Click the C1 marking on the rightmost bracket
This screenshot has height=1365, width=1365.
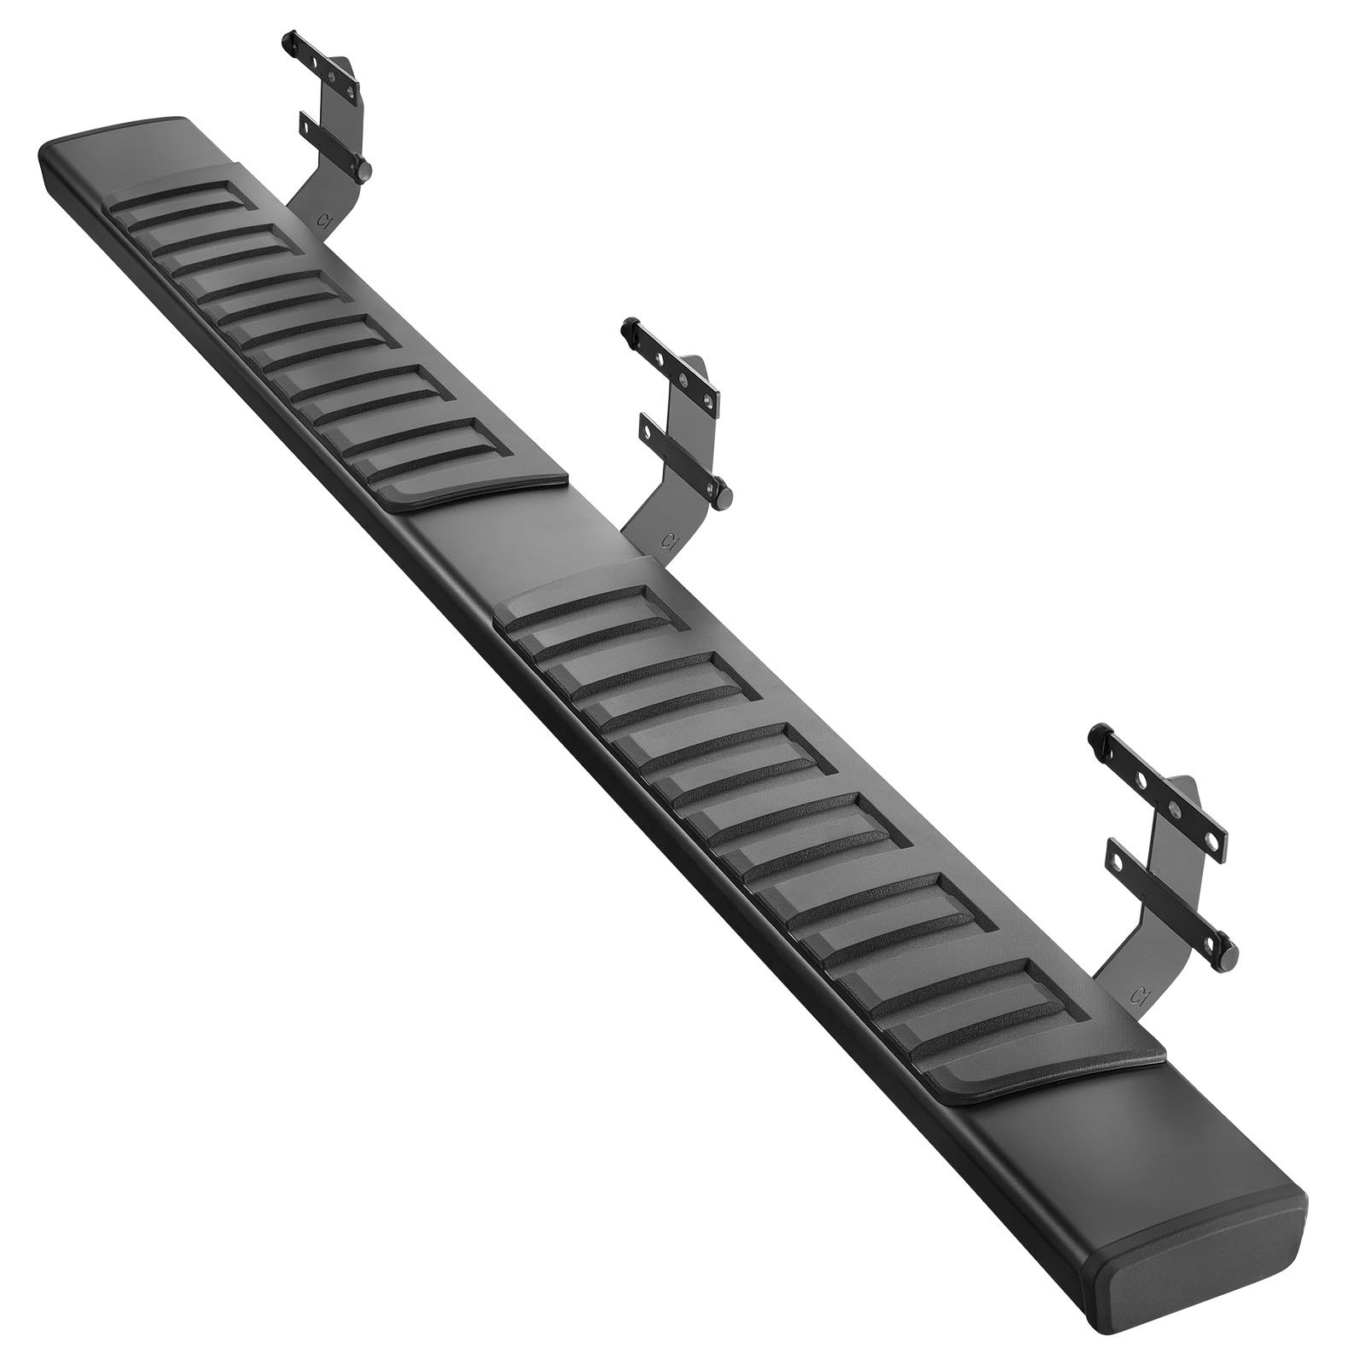click(x=1137, y=995)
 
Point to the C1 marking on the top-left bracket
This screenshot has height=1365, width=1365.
click(x=322, y=219)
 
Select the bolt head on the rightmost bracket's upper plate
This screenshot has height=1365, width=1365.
click(x=1095, y=733)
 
